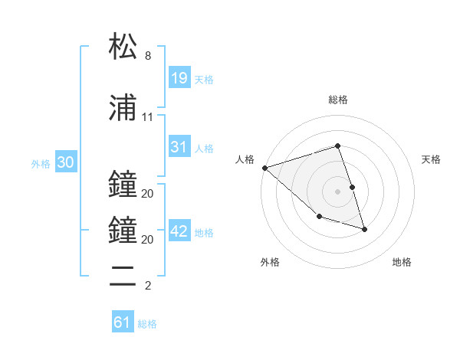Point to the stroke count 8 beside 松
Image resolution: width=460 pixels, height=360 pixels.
pos(148,56)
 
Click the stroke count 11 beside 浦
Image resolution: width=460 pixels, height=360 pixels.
pos(147,117)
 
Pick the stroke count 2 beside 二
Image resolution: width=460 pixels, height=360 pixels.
pos(148,286)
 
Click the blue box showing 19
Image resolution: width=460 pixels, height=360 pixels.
pos(179,77)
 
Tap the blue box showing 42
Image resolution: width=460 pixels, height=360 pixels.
pos(179,231)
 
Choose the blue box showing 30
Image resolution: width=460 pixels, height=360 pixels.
pos(65,162)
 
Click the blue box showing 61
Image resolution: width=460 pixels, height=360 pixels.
pos(123,322)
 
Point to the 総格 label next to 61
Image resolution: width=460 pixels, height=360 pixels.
pos(147,324)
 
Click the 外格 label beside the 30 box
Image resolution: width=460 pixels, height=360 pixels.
pos(41,163)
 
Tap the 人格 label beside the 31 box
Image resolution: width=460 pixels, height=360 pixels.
pos(204,149)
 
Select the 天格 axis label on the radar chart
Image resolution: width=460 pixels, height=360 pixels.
pos(432,159)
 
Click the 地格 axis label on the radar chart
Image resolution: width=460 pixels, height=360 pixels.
pos(402,262)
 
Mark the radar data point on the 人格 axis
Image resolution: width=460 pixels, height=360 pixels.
pos(264,167)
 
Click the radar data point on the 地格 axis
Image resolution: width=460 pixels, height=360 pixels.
pos(364,229)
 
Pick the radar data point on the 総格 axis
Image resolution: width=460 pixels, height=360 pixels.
pos(337,146)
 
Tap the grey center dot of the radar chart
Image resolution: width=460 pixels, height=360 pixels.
pos(337,191)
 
